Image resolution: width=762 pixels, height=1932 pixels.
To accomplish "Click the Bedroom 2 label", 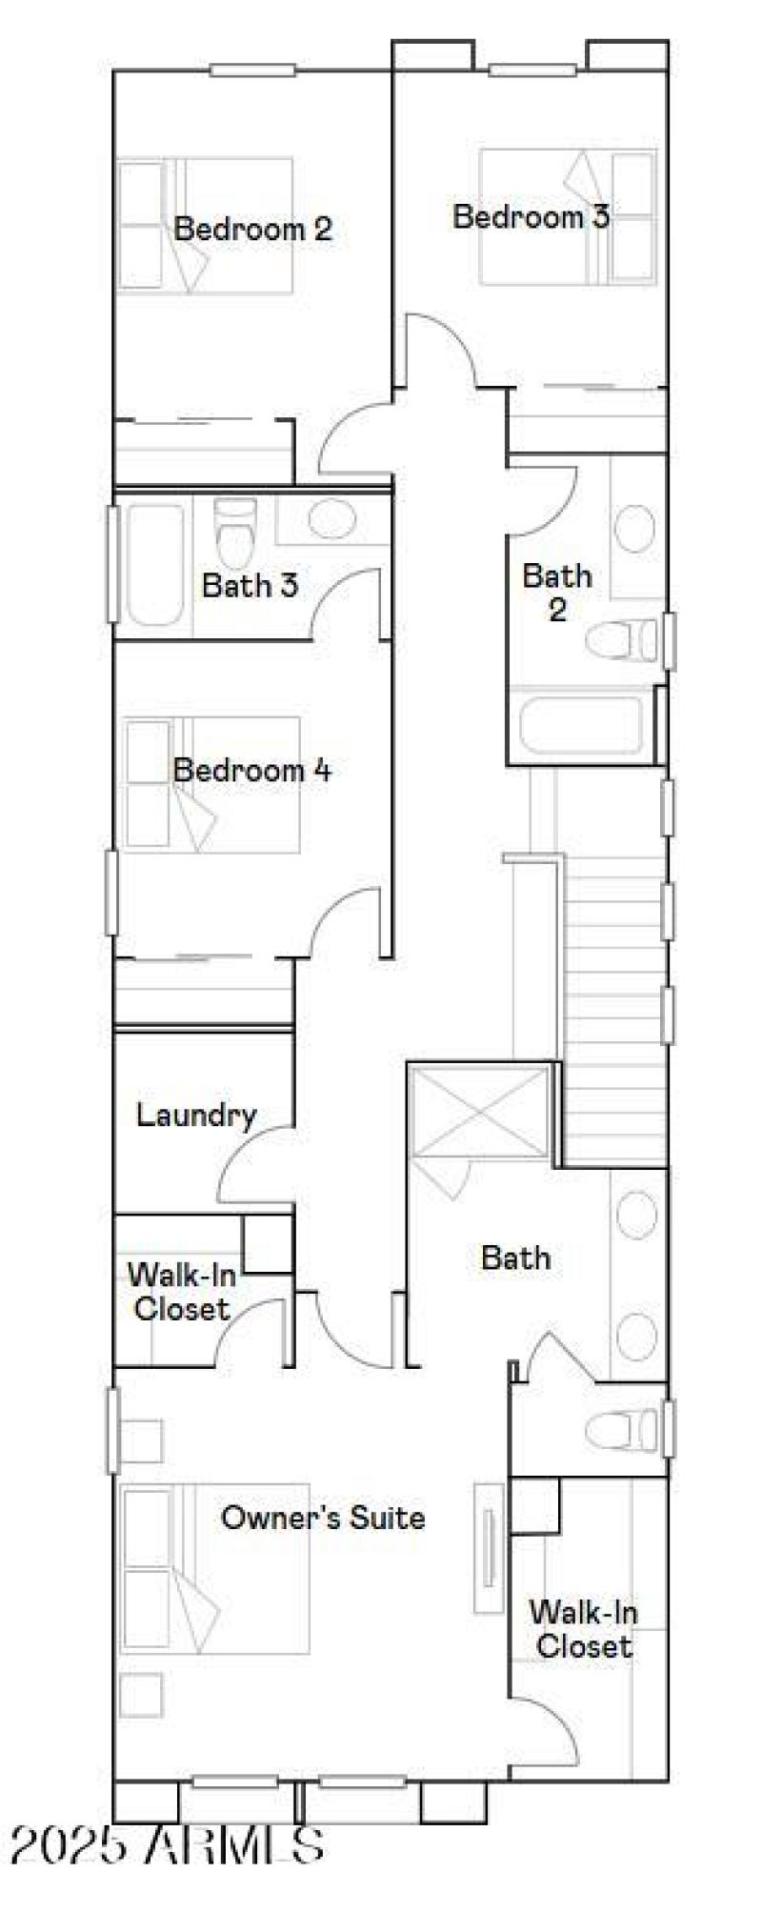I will pos(252,229).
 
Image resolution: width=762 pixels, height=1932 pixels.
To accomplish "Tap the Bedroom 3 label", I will pos(531,216).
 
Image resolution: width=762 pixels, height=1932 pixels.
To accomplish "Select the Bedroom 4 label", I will pos(251,770).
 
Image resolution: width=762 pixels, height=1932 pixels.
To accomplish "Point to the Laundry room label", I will pos(196,1115).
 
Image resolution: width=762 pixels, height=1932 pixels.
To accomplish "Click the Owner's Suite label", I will pos(323,1517).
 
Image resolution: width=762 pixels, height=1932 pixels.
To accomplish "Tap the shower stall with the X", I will pos(480,1113).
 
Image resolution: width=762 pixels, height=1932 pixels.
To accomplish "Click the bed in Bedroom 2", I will pos(205,225).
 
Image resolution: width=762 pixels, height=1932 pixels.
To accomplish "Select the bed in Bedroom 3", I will pos(569,217).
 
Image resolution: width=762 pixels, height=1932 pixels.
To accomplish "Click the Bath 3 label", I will pos(250,585).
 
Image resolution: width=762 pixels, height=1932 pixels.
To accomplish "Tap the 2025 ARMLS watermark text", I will pos(168,1845).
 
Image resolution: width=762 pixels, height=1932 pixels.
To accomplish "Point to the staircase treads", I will pos(612,1000).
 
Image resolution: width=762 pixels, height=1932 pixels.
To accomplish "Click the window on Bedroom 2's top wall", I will pos(252,70).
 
